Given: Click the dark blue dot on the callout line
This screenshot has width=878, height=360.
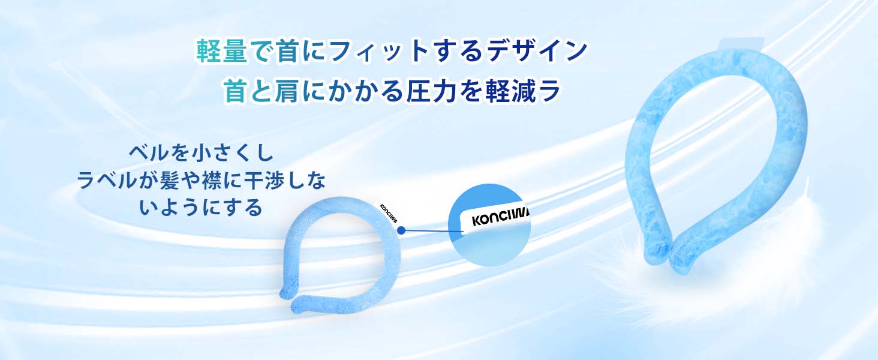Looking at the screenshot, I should (x=401, y=229).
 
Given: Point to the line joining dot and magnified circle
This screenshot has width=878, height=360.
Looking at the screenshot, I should (x=429, y=230).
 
